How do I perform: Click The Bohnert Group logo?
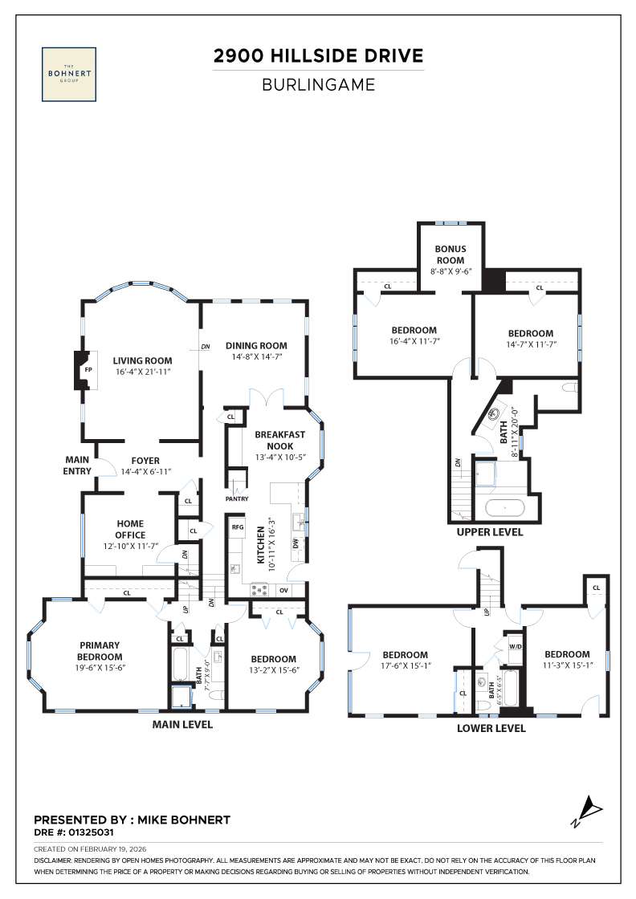pos(71,74)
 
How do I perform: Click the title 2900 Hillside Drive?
pos(317,56)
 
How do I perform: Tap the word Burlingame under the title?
pos(318,84)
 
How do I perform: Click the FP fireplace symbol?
pos(88,371)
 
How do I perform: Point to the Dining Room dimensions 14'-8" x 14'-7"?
pos(255,357)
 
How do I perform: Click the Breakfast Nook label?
pos(279,440)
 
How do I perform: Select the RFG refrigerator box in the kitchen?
pos(238,527)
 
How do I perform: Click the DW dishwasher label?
pos(296,543)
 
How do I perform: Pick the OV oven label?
pos(283,590)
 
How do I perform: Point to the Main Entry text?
pos(77,466)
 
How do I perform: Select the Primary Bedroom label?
pos(100,650)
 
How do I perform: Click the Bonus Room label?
pos(450,254)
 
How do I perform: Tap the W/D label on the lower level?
pos(513,647)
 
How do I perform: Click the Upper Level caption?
pos(489,532)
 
